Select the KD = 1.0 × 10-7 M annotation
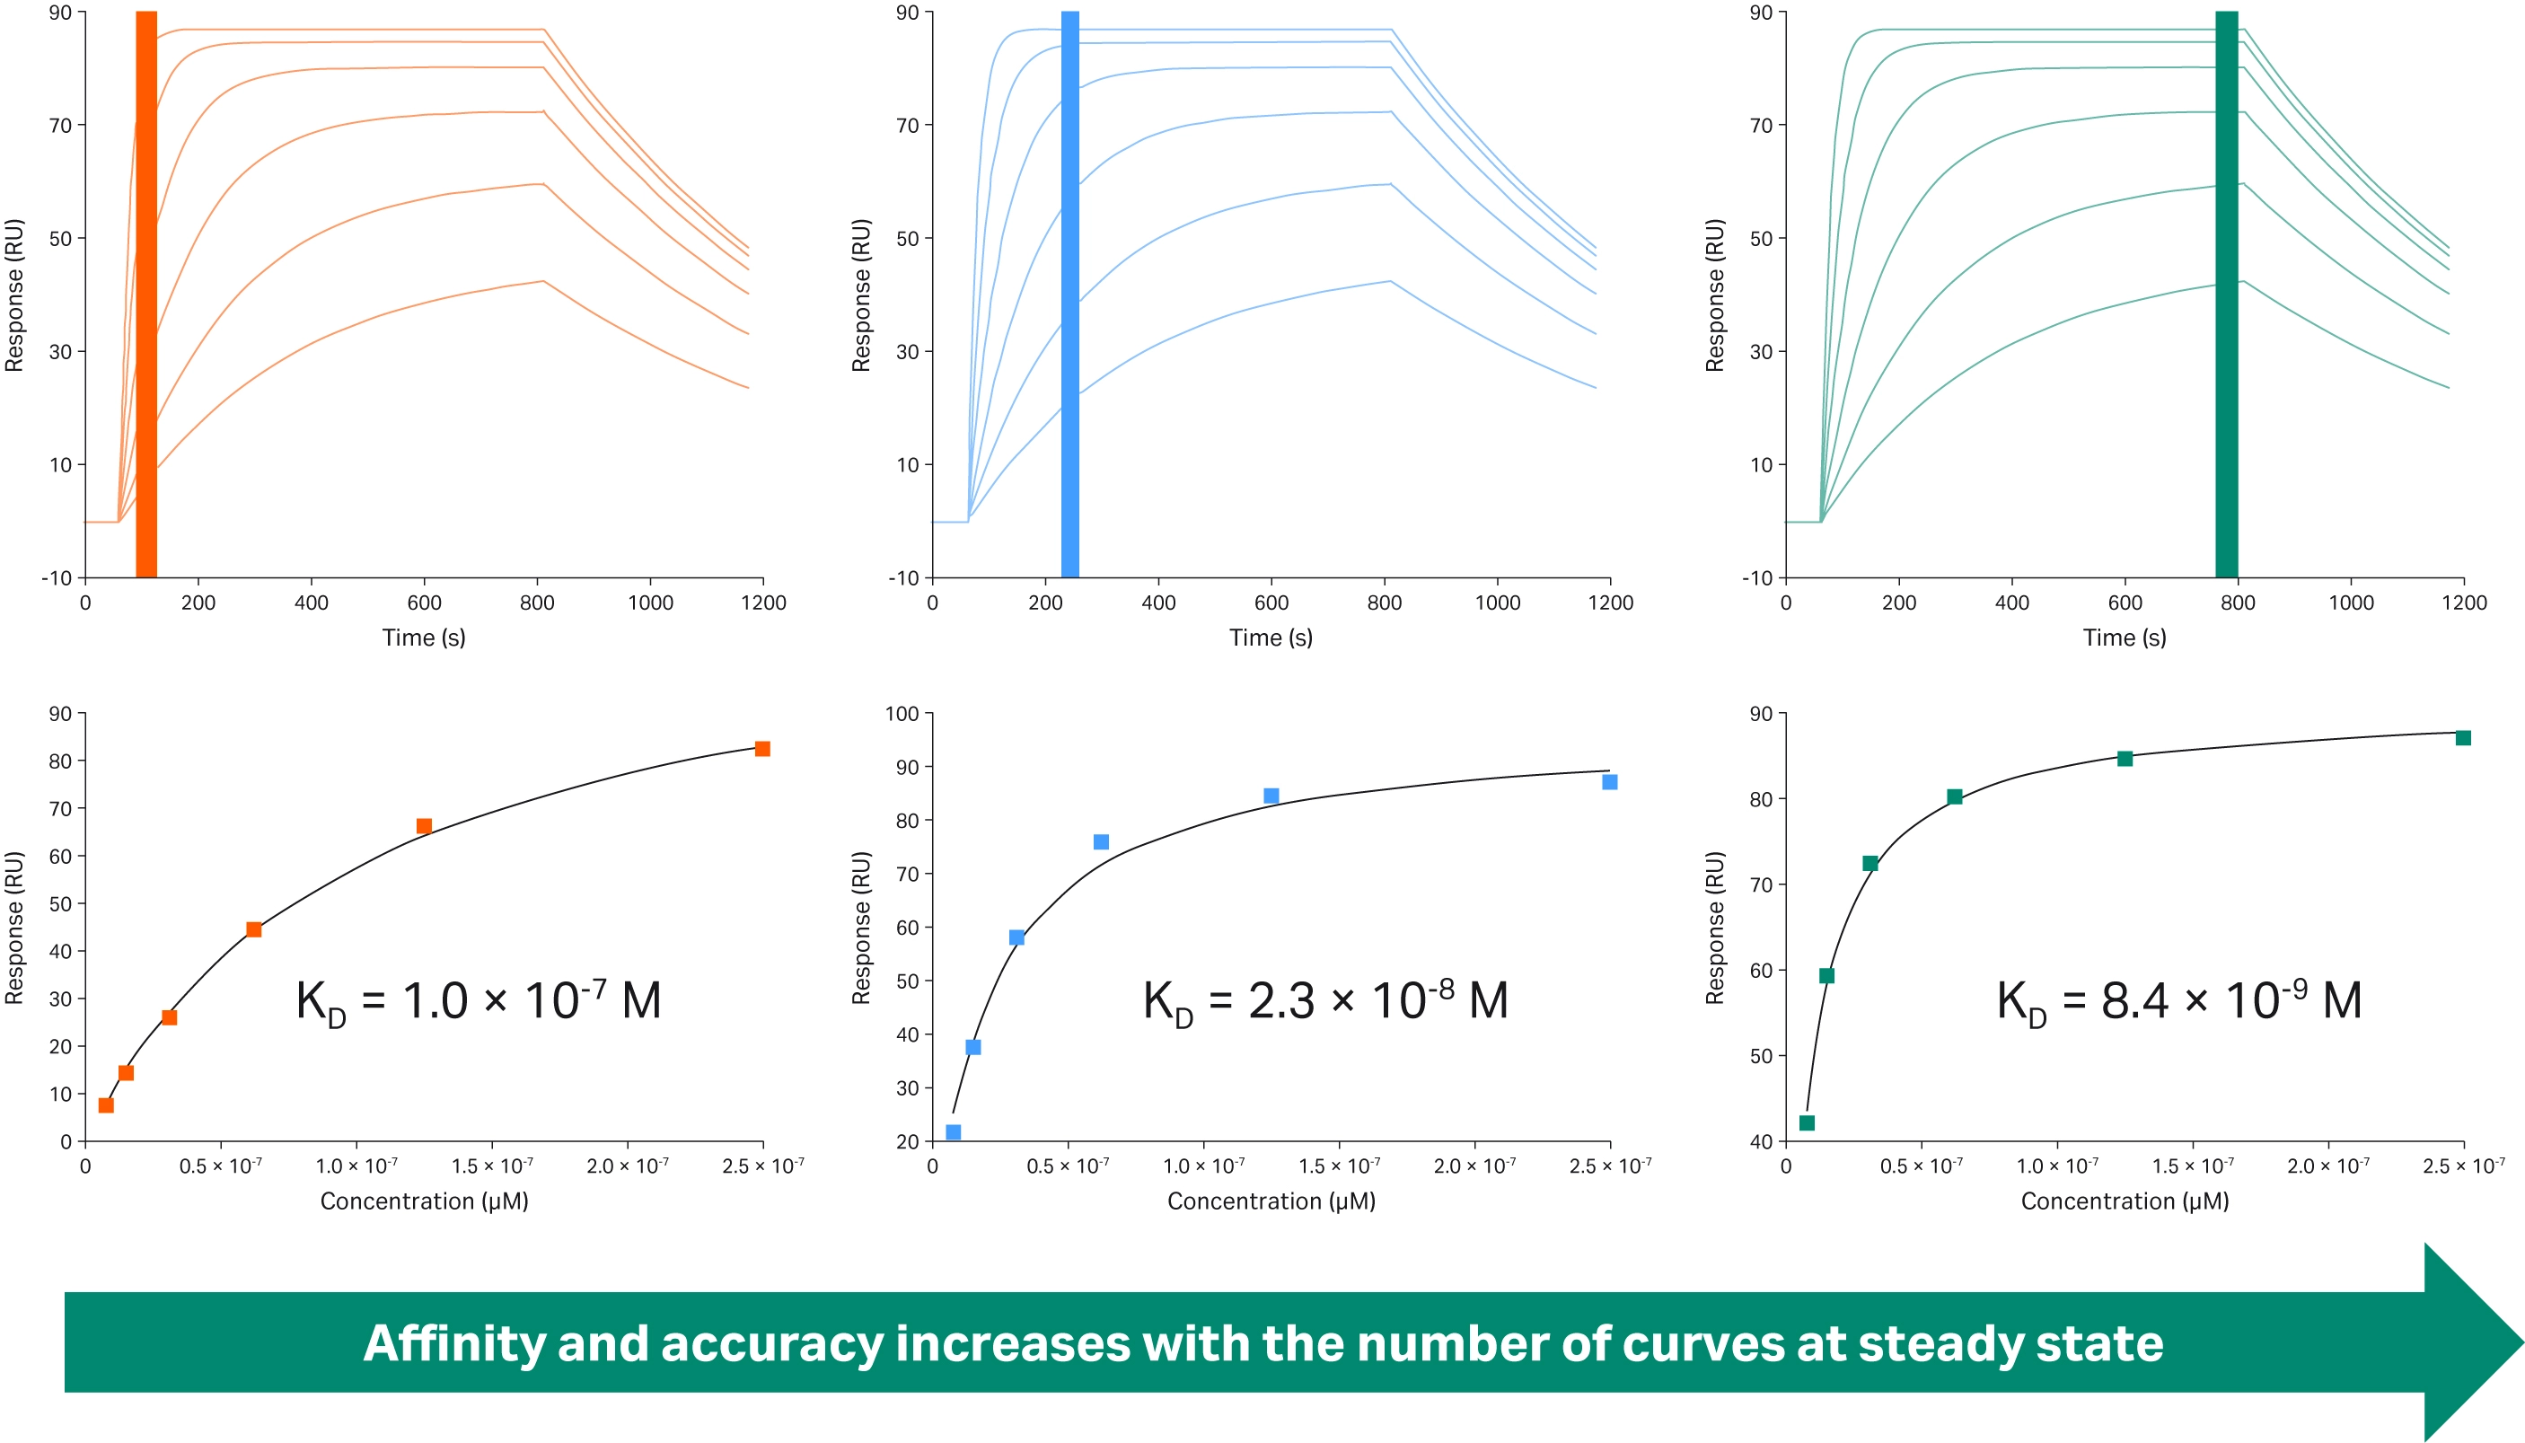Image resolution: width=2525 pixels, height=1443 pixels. pyautogui.click(x=479, y=1001)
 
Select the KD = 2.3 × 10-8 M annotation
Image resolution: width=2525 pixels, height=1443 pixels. pyautogui.click(x=1325, y=1001)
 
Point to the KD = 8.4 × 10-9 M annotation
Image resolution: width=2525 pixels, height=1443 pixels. pyautogui.click(x=2178, y=1001)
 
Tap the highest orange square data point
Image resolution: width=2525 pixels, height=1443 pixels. pyautogui.click(x=762, y=749)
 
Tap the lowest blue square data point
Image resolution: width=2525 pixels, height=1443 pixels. pyautogui.click(x=954, y=1131)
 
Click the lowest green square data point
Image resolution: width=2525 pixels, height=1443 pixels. pyautogui.click(x=1807, y=1123)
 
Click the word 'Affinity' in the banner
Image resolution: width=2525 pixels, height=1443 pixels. pyautogui.click(x=455, y=1344)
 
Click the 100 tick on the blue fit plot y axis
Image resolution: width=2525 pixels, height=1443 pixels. pyautogui.click(x=902, y=714)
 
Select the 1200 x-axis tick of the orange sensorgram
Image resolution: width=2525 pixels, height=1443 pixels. pyautogui.click(x=763, y=603)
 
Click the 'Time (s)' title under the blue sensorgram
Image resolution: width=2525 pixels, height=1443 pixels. pyautogui.click(x=1271, y=638)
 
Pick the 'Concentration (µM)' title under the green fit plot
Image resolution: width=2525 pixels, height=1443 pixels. pyautogui.click(x=2125, y=1201)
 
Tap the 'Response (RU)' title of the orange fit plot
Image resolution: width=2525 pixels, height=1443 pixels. pyautogui.click(x=13, y=928)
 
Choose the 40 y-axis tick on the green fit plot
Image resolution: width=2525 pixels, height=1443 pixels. pyautogui.click(x=1761, y=1141)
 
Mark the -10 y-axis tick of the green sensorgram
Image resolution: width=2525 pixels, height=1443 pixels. pyautogui.click(x=1757, y=577)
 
